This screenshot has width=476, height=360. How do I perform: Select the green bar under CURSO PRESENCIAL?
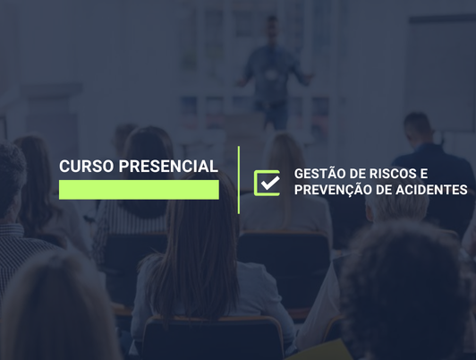tap(139, 190)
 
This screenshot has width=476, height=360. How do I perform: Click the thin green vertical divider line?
tap(239, 179)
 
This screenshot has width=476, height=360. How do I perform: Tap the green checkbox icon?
tap(267, 182)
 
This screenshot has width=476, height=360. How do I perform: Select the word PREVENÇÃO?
tap(334, 190)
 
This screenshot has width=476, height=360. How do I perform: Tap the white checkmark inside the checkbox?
tap(268, 182)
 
